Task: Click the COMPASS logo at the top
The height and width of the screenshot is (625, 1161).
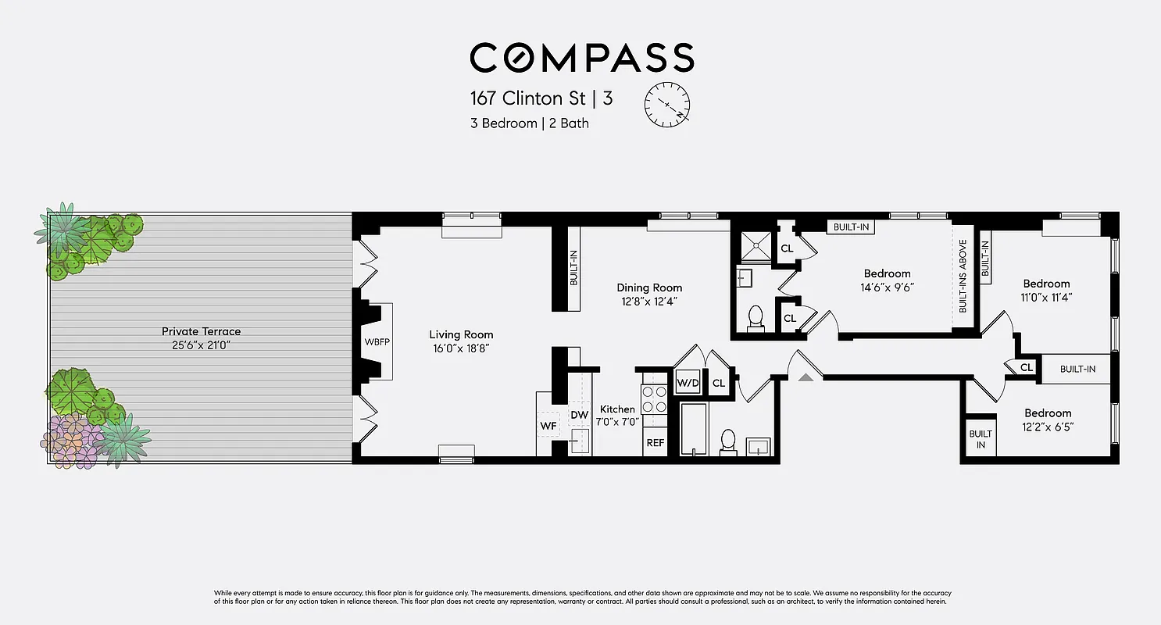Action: (581, 59)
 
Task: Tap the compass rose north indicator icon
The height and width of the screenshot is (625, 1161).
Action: (667, 104)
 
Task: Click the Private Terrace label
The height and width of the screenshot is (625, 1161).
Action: (201, 331)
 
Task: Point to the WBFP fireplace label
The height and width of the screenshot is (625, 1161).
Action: (377, 341)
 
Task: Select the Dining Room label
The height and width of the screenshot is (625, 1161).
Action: (648, 287)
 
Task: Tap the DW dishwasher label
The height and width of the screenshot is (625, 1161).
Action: (579, 414)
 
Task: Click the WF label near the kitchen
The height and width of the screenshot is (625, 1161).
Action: (548, 426)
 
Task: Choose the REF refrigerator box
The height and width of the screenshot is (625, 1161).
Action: (655, 442)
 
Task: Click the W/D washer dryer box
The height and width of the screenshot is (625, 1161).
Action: (688, 383)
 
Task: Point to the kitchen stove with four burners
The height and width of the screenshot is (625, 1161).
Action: (653, 399)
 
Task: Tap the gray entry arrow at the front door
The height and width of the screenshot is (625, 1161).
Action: (806, 377)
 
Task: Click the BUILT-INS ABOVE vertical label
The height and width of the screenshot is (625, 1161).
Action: (963, 275)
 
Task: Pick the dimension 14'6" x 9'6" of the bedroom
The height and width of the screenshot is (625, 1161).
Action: (888, 287)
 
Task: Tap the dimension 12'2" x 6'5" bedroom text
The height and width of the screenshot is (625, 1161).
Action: (1048, 427)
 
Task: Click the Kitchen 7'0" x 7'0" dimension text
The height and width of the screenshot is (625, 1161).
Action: (620, 422)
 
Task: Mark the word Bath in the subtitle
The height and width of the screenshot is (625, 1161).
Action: (574, 123)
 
